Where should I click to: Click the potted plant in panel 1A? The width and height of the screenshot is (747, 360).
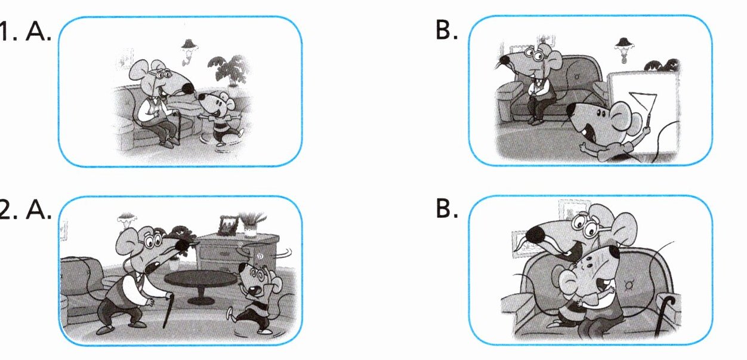click(230, 70)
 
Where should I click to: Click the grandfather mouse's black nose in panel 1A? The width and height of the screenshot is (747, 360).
click(187, 88)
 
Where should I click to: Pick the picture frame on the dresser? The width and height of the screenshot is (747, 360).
click(227, 226)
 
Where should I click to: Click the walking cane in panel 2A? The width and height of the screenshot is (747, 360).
click(169, 310)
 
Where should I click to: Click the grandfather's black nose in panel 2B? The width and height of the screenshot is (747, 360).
click(538, 234)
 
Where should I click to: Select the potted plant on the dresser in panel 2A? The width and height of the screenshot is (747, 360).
click(253, 224)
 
